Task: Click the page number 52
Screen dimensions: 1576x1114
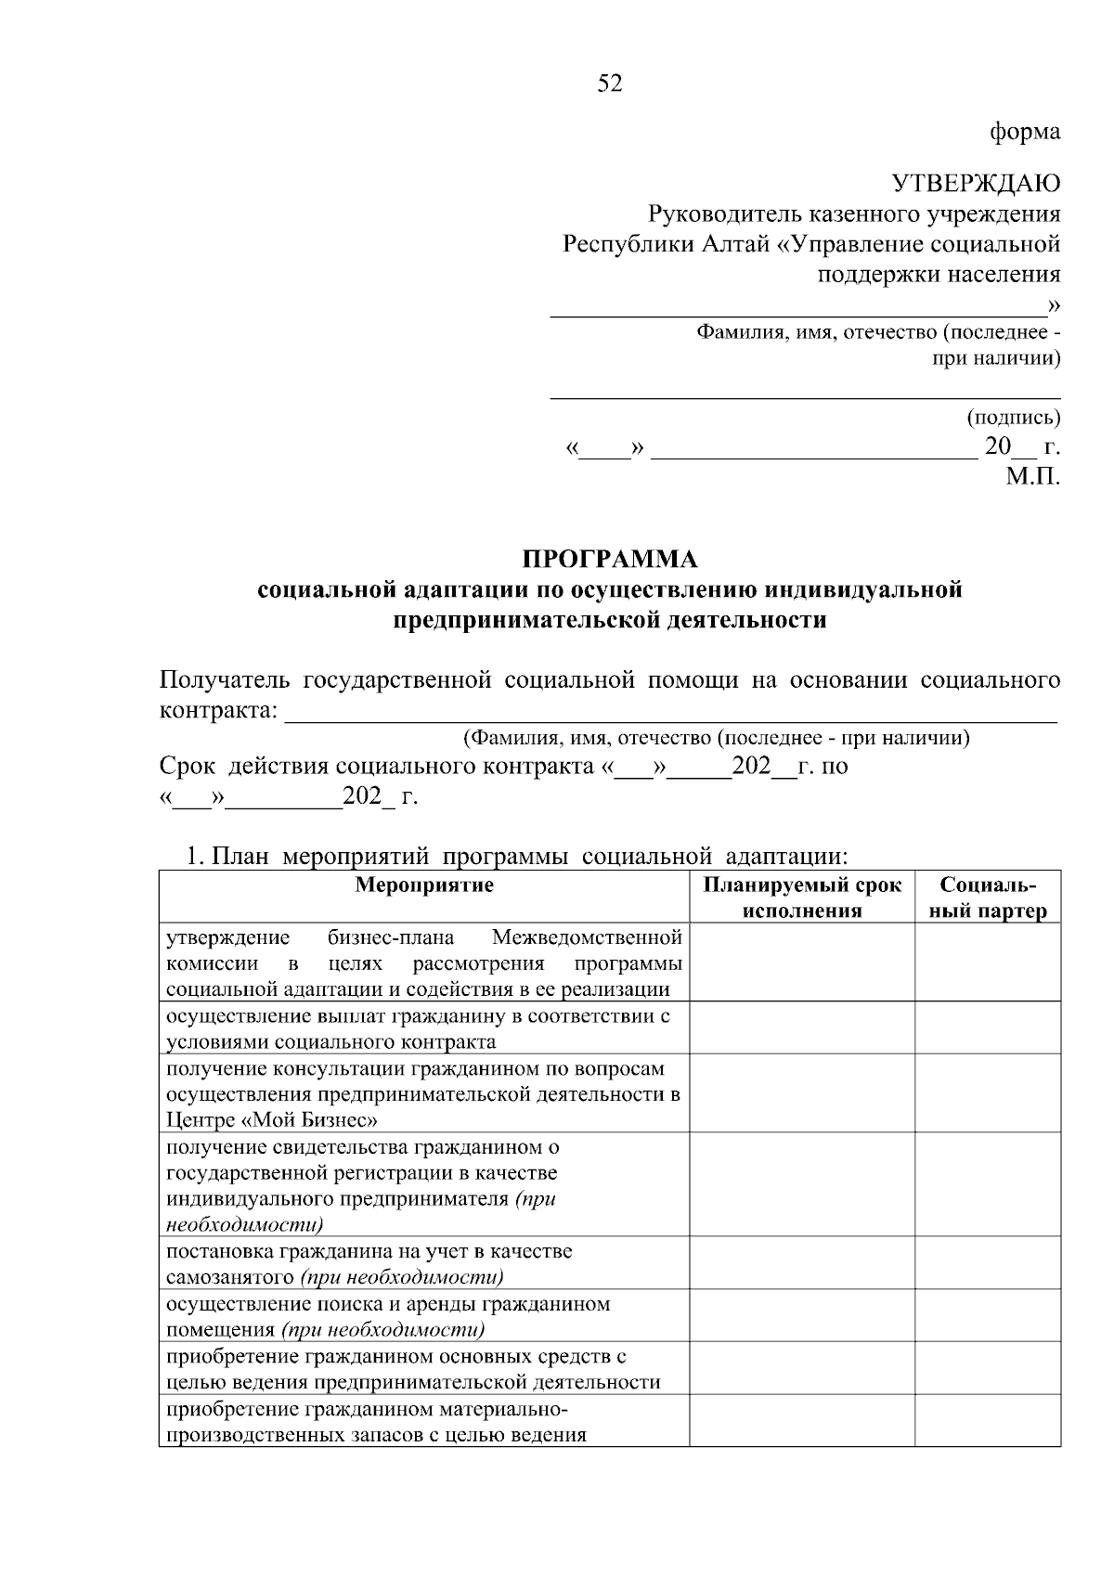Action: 610,84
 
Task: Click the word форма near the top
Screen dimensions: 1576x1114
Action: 1025,132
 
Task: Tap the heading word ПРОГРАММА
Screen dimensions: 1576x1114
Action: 610,560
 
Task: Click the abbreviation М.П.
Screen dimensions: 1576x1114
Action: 1033,477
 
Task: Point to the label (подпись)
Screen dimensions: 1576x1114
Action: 1013,417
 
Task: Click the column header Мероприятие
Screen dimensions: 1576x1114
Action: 424,885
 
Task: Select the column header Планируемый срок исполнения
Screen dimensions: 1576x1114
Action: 802,898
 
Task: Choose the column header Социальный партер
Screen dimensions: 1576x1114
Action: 988,898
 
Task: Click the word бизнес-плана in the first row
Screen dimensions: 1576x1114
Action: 391,937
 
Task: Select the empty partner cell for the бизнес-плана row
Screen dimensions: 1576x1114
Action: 988,962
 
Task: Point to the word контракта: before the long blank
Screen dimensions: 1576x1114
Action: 218,712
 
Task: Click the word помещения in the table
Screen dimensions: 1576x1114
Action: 221,1329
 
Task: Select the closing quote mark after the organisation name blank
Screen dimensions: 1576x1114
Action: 1054,305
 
